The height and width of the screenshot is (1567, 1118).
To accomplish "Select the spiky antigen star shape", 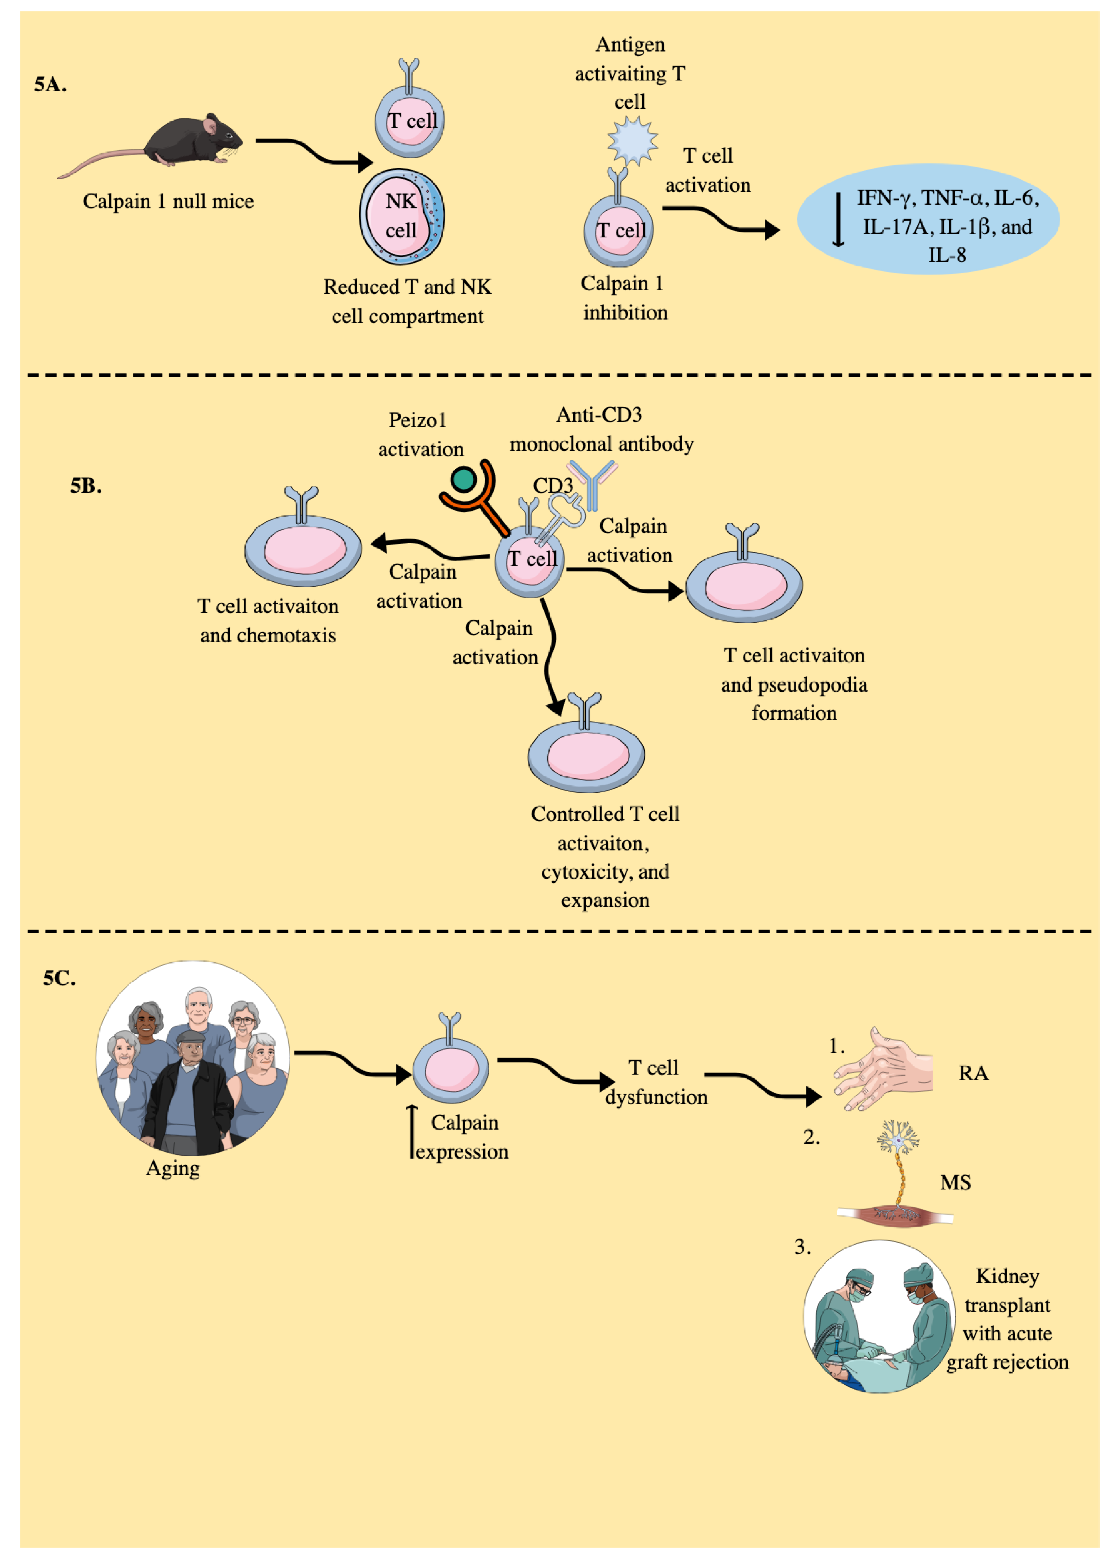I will click(632, 141).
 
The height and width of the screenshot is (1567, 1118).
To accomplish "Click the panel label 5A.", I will click(50, 85).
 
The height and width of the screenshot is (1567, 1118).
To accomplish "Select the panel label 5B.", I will click(86, 486).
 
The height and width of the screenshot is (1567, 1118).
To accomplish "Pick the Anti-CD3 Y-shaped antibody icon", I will click(592, 482).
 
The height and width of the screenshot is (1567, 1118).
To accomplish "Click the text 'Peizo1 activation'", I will click(420, 434).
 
